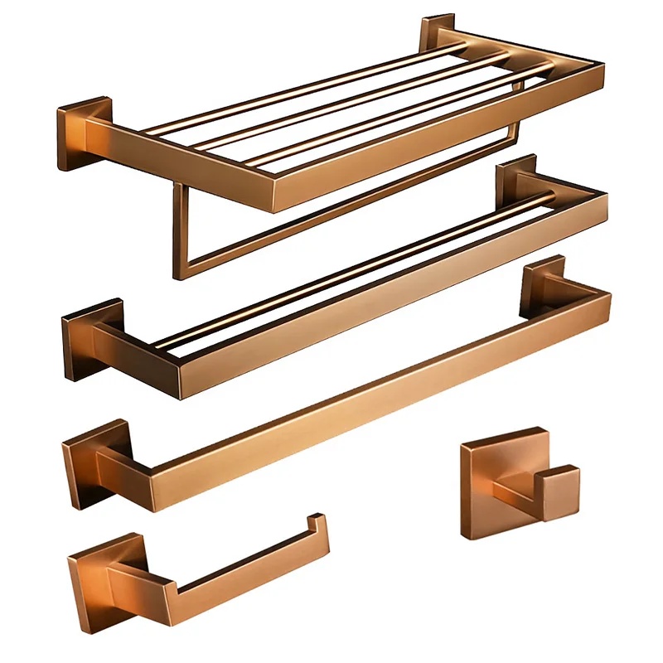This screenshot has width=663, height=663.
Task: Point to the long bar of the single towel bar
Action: [x=373, y=390]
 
